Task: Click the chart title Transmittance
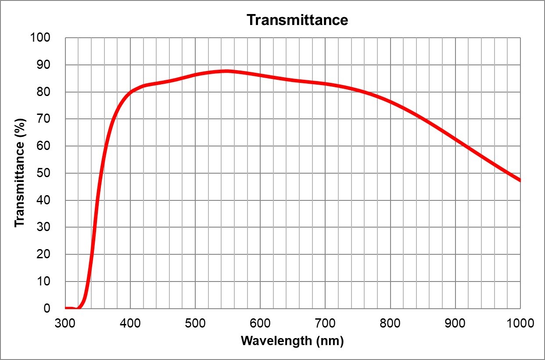297,20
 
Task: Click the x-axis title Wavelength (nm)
292,341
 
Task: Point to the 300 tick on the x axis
65,324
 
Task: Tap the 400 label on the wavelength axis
130,324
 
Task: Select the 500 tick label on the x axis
195,324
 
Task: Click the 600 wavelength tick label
260,324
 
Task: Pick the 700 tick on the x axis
325,324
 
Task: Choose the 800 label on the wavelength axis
390,324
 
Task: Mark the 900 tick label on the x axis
455,324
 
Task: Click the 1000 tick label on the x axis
520,324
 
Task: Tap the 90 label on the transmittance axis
44,65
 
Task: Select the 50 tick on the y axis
44,173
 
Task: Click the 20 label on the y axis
44,254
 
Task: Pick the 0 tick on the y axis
47,308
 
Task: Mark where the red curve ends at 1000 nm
520,180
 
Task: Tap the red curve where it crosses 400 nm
130,93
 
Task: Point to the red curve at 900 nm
455,139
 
